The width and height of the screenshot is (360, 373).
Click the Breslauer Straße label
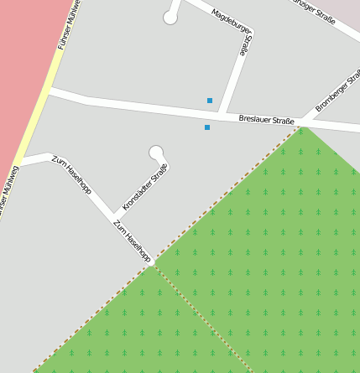pyautogui.click(x=266, y=121)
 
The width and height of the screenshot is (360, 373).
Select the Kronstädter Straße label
pyautogui.click(x=145, y=186)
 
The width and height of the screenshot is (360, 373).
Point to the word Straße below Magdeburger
pyautogui.click(x=244, y=44)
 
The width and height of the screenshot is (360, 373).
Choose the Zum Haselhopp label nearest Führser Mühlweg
pyautogui.click(x=71, y=174)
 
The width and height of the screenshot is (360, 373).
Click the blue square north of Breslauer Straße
pyautogui.click(x=210, y=101)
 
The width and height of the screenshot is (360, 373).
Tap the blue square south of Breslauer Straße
pyautogui.click(x=207, y=127)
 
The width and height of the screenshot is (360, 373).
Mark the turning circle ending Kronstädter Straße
pyautogui.click(x=155, y=152)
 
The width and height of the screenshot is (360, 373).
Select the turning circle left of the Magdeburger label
pyautogui.click(x=170, y=18)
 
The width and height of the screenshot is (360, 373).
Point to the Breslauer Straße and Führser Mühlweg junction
pyautogui.click(x=49, y=92)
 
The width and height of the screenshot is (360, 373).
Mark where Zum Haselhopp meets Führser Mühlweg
pyautogui.click(x=23, y=162)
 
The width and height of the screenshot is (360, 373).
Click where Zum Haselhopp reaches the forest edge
pyautogui.click(x=152, y=264)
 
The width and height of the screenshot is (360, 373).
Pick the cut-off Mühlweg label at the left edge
pyautogui.click(x=9, y=194)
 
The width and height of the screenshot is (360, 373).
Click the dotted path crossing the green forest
pyautogui.click(x=201, y=319)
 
